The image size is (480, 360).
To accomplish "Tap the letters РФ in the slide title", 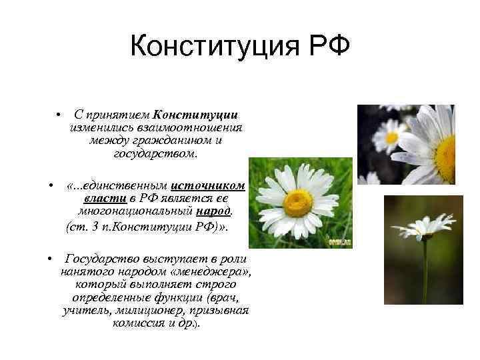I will [325, 48].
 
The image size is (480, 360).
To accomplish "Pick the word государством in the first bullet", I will [155, 153].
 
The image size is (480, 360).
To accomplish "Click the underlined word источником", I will [208, 185].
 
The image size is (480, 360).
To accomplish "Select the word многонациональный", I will [133, 212].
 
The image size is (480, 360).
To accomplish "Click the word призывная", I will [221, 311].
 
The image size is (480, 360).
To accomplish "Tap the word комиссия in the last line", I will [138, 324].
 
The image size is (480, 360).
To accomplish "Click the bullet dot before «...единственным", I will [51, 185].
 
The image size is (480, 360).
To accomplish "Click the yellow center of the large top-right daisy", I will [445, 157].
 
